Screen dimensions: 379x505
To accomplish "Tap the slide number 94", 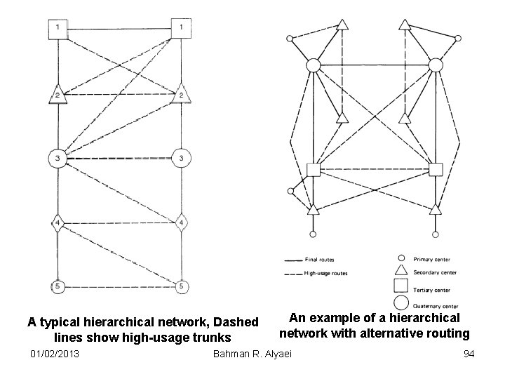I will click(x=469, y=354).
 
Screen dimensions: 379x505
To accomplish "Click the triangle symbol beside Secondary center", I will click(x=401, y=272).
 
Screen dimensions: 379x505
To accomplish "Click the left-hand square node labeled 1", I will click(x=58, y=28).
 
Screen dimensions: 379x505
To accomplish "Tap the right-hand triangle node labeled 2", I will click(x=182, y=93).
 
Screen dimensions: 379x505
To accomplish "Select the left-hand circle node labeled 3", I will click(x=58, y=158).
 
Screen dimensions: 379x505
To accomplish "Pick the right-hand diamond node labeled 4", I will click(x=182, y=224).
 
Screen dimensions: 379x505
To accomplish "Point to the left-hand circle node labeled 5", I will click(x=58, y=286).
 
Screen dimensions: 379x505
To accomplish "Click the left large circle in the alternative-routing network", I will click(x=313, y=65).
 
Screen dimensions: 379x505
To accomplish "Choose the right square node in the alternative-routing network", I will click(x=435, y=169).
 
